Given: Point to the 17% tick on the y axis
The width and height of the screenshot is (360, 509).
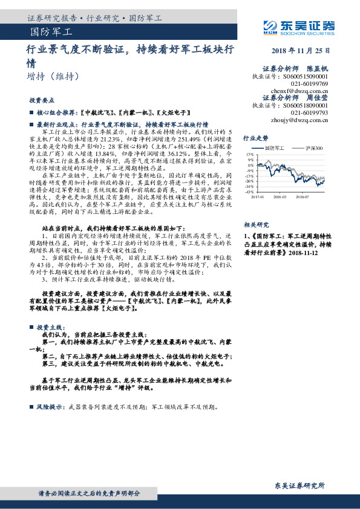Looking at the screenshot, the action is tap(250, 155).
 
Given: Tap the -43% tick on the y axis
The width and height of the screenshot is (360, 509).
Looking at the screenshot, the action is tap(249, 192).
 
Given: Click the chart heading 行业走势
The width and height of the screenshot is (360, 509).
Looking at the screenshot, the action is tap(255, 138).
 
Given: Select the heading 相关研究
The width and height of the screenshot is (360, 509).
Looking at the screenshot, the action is tap(255, 222).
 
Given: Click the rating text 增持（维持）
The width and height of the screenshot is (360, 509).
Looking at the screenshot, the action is tap(53, 77).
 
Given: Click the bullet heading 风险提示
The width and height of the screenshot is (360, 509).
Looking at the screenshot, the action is tap(51, 406).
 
